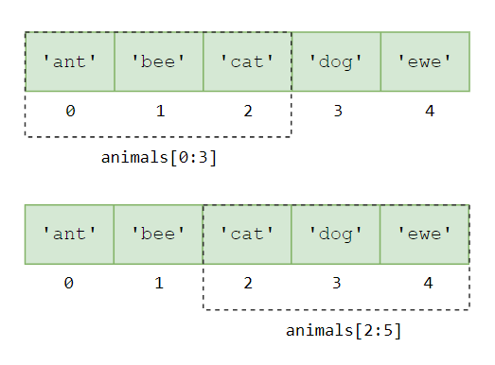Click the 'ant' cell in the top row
[70, 61]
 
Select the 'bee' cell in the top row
[159, 61]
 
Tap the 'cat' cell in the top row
[248, 61]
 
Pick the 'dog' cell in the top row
[337, 61]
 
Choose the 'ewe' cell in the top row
[426, 61]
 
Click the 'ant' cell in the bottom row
[70, 234]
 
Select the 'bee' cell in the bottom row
[159, 234]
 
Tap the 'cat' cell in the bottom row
[248, 234]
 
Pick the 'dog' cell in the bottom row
[337, 234]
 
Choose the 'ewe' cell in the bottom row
[426, 234]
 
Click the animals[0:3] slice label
[159, 158]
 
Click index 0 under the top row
[70, 112]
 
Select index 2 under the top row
[248, 112]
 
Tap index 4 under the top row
[430, 112]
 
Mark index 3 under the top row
[338, 112]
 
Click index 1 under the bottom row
[159, 283]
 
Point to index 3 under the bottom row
[338, 283]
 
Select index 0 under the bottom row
[70, 283]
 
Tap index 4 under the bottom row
[430, 283]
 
